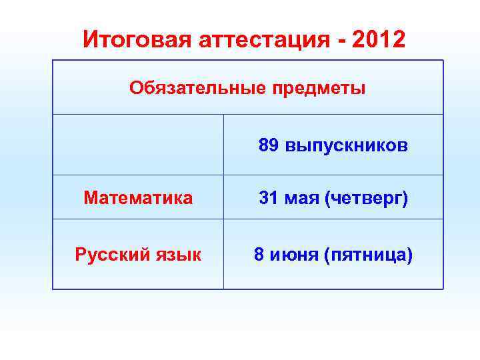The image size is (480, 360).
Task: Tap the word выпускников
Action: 346,145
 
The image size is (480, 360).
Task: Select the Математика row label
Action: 138,198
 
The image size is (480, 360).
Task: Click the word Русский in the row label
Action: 109,255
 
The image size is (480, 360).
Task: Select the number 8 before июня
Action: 259,255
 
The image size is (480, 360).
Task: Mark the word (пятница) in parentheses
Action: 368,255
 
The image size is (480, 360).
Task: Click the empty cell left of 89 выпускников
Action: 138,145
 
